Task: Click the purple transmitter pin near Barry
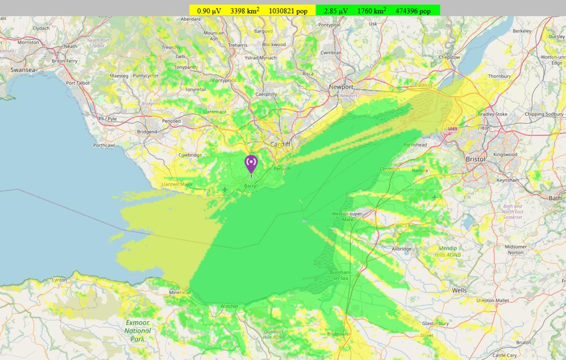[251, 164]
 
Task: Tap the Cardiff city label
[280, 144]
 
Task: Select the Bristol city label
[475, 159]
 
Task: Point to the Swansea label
[23, 70]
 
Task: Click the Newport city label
[341, 87]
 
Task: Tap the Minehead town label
[179, 293]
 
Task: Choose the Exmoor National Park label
[137, 331]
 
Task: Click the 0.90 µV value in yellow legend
[209, 10]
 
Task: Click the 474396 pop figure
[413, 10]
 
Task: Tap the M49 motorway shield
[452, 129]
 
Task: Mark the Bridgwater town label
[338, 334]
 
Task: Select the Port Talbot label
[78, 83]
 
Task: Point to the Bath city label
[555, 198]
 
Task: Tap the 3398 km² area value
[245, 10]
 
